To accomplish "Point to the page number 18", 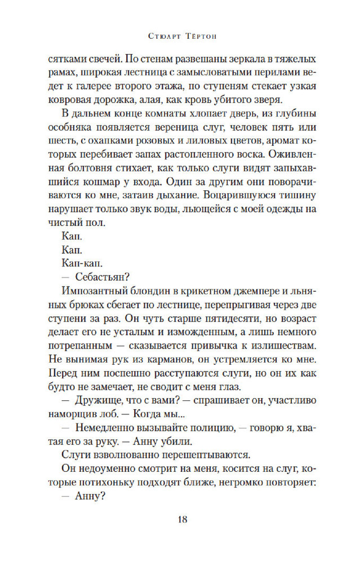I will point(179,520).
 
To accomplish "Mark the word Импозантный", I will point(90,291).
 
